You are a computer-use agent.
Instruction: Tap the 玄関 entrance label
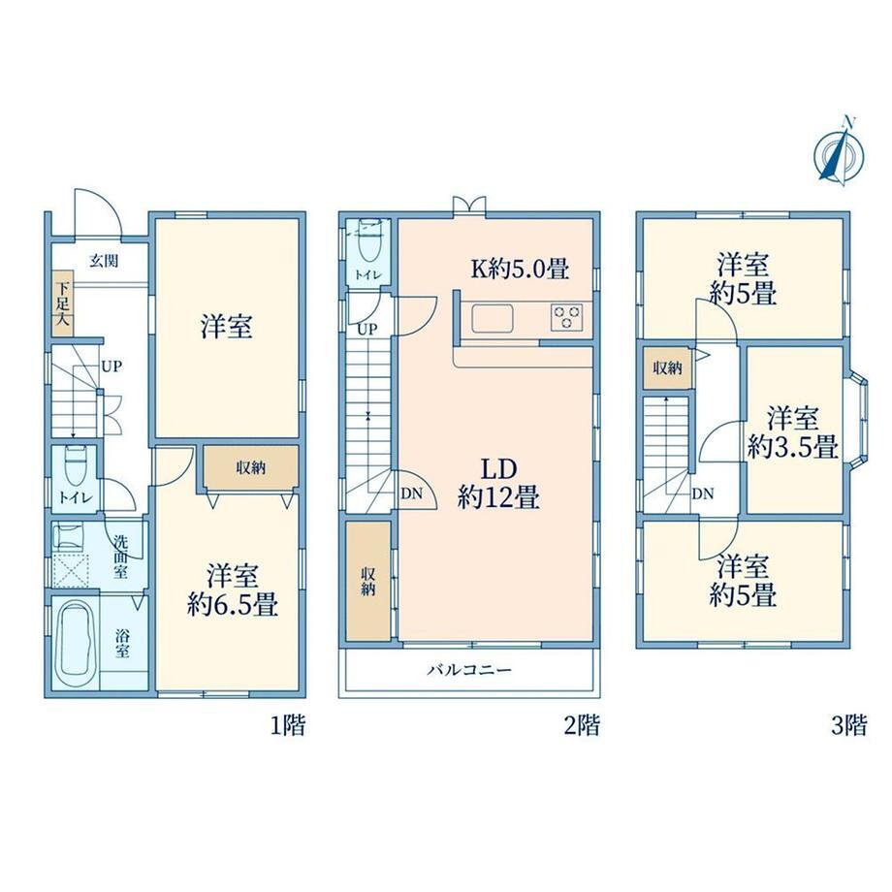105,261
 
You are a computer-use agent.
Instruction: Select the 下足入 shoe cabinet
63,304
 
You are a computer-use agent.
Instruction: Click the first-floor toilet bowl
75,464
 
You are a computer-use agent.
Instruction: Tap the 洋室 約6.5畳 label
233,589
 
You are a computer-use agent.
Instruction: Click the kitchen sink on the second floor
493,318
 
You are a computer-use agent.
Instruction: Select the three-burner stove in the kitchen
566,317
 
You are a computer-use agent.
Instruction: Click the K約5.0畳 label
520,269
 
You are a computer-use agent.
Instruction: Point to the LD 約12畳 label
499,483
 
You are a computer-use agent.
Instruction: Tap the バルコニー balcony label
469,670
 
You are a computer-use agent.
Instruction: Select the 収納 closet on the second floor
368,581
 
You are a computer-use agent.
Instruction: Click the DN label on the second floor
411,494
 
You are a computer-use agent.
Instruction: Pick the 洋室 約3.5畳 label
792,432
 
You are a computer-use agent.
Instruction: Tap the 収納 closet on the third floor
667,368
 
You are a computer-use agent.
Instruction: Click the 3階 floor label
849,726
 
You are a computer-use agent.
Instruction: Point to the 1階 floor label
287,726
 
